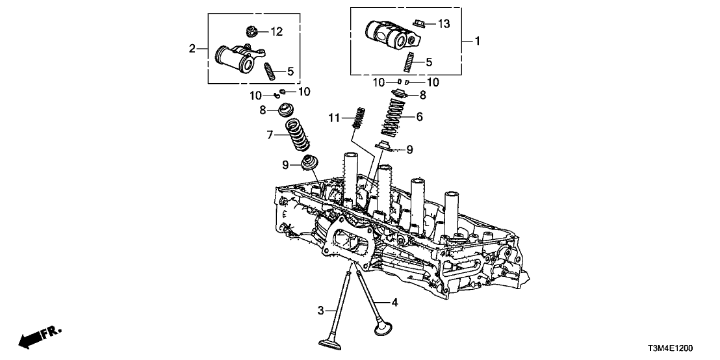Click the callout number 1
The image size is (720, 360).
tap(478, 42)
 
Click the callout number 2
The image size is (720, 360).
tap(192, 49)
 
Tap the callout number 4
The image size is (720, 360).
tap(394, 302)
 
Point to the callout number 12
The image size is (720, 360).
tap(277, 31)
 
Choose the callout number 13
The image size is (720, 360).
tap(443, 24)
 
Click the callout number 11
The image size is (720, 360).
tap(335, 117)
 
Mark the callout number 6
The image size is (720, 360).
tap(418, 118)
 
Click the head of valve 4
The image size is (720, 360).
tap(383, 327)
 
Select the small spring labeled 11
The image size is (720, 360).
tap(356, 117)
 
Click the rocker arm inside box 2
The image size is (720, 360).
tap(237, 59)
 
